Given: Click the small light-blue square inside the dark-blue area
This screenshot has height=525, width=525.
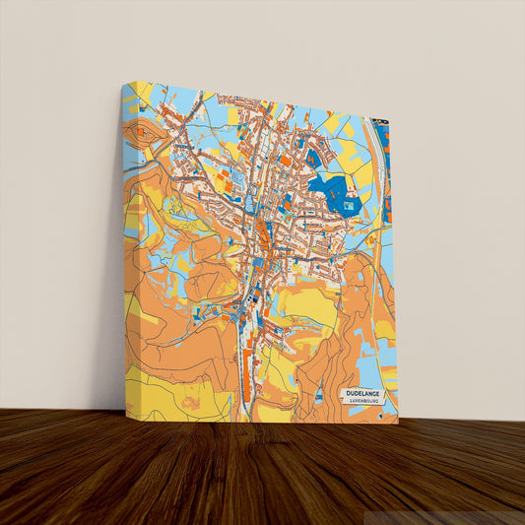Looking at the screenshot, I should [348, 206].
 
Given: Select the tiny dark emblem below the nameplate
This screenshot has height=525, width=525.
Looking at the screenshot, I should [380, 416].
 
